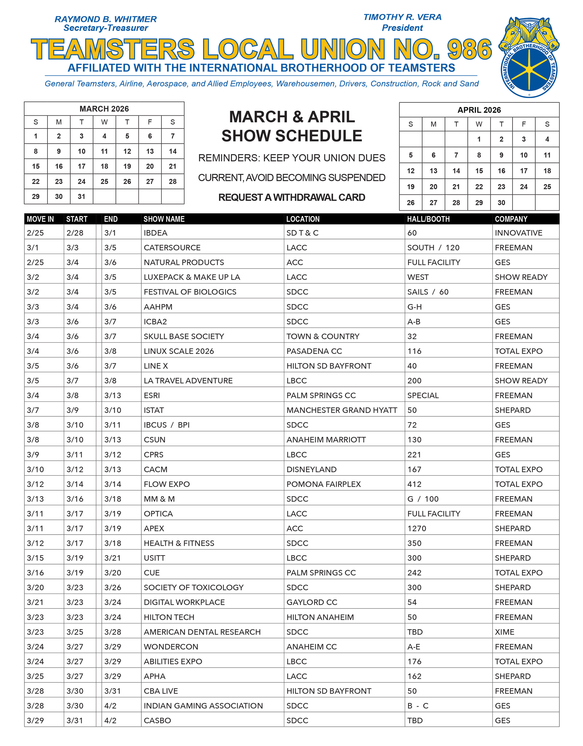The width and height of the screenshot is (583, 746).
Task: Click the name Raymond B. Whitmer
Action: click(x=106, y=19)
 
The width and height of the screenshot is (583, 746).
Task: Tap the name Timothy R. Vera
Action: click(x=402, y=17)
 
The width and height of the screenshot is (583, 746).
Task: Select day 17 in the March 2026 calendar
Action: click(x=81, y=166)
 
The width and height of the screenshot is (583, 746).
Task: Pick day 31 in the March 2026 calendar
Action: click(x=81, y=196)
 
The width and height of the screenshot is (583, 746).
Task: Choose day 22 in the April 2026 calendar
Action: click(x=479, y=187)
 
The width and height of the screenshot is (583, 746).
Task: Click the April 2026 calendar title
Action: click(x=479, y=110)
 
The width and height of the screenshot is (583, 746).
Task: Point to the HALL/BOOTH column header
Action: click(x=428, y=219)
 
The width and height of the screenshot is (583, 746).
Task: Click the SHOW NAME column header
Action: click(x=164, y=219)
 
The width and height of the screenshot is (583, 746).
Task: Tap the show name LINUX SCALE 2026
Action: click(x=179, y=351)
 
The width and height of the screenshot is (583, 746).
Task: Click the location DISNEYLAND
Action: click(x=312, y=469)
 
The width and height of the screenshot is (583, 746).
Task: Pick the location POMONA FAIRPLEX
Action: click(x=324, y=484)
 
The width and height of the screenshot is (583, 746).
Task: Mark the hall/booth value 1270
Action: click(x=417, y=529)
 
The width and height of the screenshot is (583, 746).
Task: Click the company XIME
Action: click(x=505, y=632)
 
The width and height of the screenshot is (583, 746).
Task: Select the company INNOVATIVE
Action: click(x=519, y=233)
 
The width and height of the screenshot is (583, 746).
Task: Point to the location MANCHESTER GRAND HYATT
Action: click(x=342, y=410)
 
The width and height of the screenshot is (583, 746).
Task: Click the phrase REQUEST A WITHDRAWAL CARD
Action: click(x=292, y=197)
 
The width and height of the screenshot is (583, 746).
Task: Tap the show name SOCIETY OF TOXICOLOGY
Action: click(x=194, y=587)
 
